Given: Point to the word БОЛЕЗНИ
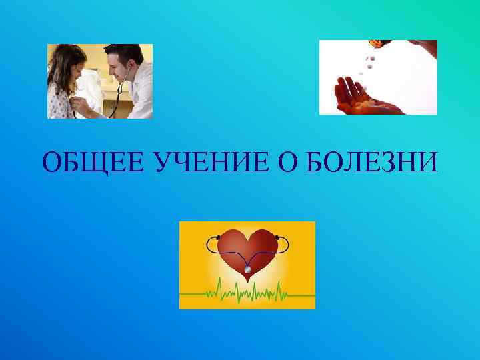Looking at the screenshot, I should click(371, 161).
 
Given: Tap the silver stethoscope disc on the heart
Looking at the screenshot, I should click(247, 269).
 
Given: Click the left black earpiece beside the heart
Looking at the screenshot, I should click(218, 237).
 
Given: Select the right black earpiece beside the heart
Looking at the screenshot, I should click(276, 237).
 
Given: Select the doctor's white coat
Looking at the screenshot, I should click(140, 93).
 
